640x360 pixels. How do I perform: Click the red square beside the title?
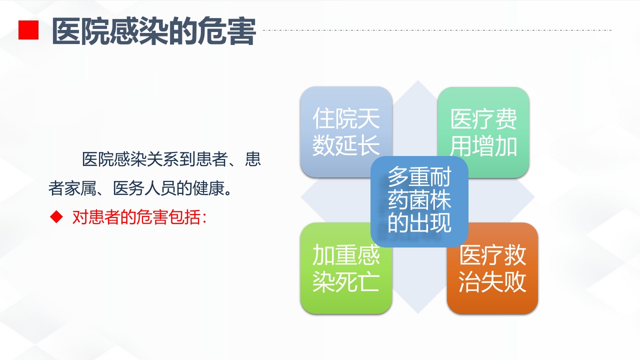[x=28, y=30]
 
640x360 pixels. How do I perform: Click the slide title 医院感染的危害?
[x=153, y=31]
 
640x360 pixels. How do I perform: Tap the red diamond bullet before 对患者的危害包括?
[x=57, y=217]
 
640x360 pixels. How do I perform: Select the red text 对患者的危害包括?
[x=139, y=217]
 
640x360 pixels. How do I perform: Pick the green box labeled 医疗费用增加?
[x=483, y=132]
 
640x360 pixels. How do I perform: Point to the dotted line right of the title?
[x=437, y=30]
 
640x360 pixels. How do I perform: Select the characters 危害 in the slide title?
[x=227, y=31]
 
